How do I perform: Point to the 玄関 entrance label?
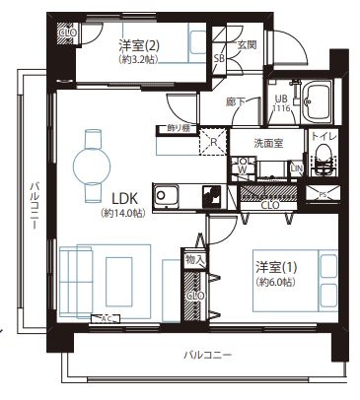246,44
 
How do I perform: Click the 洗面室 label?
268,142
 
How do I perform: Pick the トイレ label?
323,139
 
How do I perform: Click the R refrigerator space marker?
214,141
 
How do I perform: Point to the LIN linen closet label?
296,167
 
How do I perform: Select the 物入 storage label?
194,259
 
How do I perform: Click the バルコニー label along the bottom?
207,354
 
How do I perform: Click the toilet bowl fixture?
324,167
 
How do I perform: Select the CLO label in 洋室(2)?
68,33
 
